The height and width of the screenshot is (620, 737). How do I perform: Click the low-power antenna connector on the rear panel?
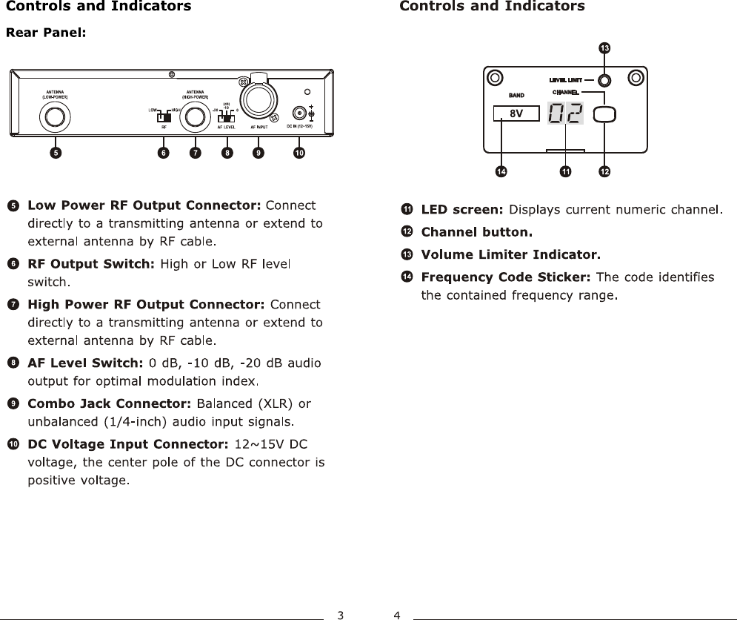coord(55,116)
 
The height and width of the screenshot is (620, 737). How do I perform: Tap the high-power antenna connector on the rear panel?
coord(196,116)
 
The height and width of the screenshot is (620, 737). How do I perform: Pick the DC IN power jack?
coord(299,113)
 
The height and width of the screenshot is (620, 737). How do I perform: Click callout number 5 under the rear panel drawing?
coord(56,154)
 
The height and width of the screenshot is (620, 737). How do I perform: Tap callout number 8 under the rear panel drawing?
coord(227,154)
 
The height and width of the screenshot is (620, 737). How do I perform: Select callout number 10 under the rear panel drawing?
coord(299,154)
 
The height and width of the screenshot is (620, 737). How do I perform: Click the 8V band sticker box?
coord(517,113)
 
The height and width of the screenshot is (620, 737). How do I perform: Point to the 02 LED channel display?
coord(565,113)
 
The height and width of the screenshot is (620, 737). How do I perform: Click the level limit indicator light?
coord(604,80)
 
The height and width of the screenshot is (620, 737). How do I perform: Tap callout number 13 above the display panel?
coord(604,48)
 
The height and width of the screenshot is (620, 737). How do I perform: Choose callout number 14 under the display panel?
coord(501,172)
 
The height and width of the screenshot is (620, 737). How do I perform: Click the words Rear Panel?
coord(47,33)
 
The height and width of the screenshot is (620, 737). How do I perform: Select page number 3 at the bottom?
coord(340,614)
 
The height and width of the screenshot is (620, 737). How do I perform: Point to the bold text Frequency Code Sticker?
coord(506,277)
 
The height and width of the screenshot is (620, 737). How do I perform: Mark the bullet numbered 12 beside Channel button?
coord(407,232)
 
